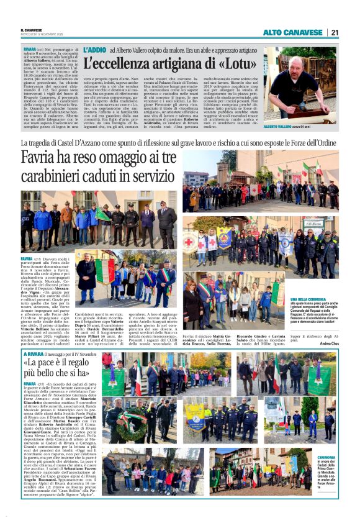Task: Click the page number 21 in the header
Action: [x=334, y=32]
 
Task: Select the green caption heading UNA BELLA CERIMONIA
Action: [x=290, y=298]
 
